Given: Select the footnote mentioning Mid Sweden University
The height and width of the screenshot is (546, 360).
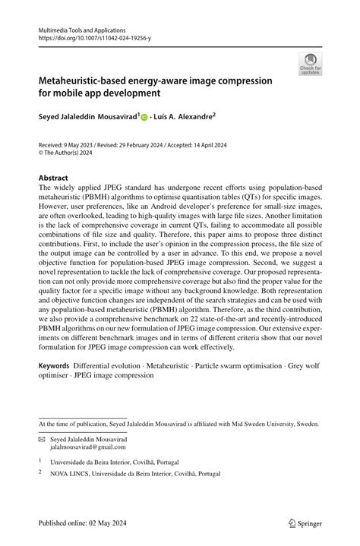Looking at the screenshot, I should tap(179, 423).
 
